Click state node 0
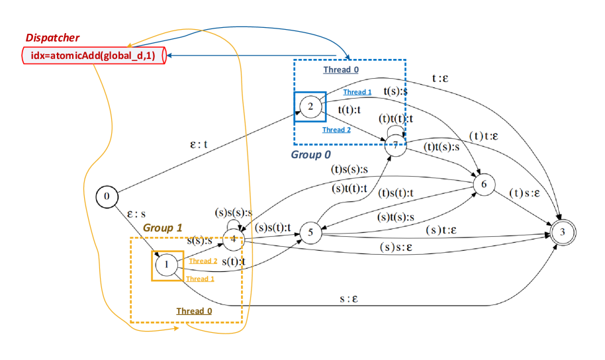[107, 196]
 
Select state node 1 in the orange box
[167, 266]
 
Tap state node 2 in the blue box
[310, 107]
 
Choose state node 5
[310, 232]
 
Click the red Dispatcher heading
[52, 38]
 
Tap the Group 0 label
[310, 155]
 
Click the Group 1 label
[162, 228]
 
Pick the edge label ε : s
[136, 214]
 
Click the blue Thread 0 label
[342, 69]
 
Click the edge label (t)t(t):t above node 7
[395, 118]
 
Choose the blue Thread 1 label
[357, 92]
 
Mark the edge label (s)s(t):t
[273, 228]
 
